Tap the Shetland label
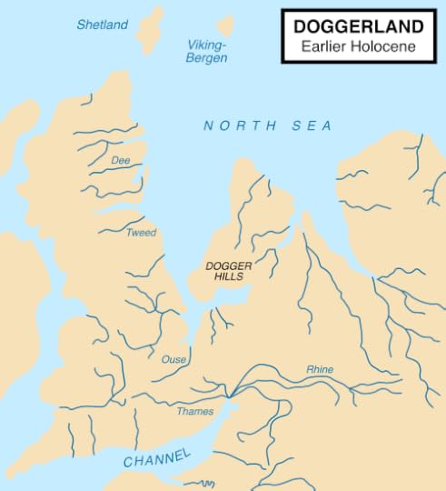pyautogui.click(x=103, y=25)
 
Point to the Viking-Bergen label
pyautogui.click(x=207, y=51)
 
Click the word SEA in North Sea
pyautogui.click(x=312, y=125)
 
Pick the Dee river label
pyautogui.click(x=121, y=160)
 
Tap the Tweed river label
pyautogui.click(x=141, y=233)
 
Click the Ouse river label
pyautogui.click(x=173, y=360)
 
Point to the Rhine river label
pyautogui.click(x=320, y=369)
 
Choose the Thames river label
pyautogui.click(x=195, y=412)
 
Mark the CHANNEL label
pyautogui.click(x=158, y=457)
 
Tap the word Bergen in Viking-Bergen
pyautogui.click(x=207, y=57)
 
